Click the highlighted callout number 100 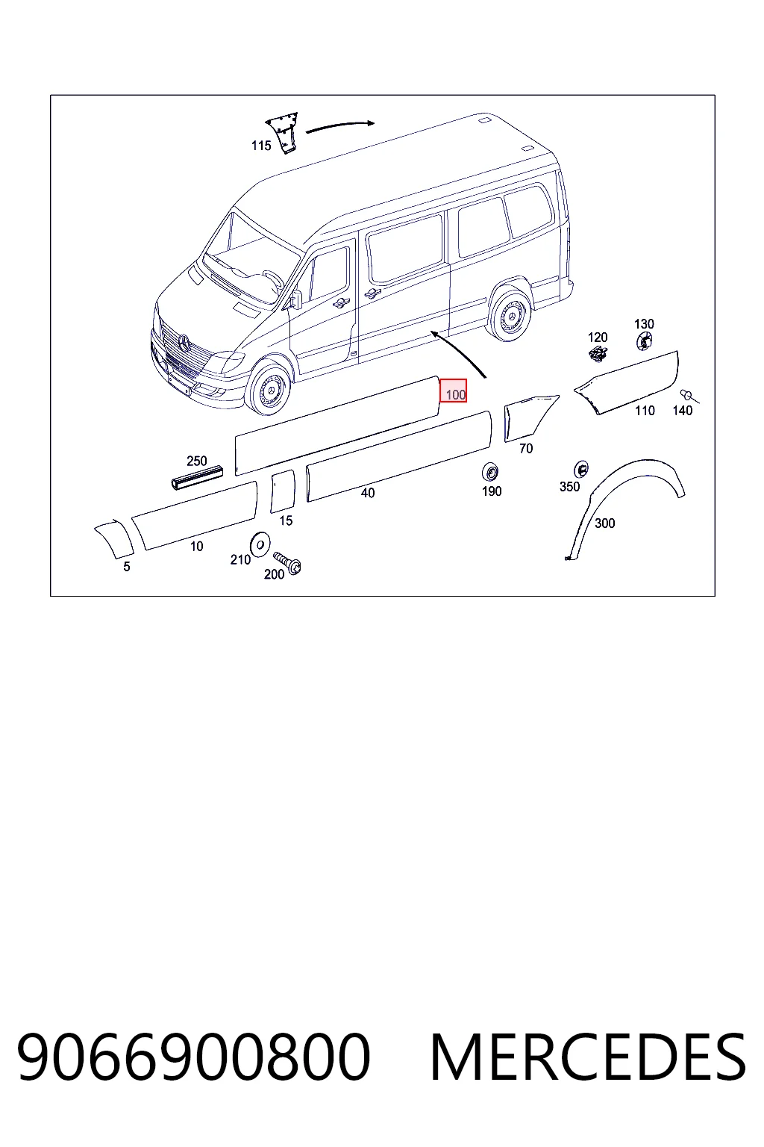[x=454, y=391]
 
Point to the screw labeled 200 [x=287, y=562]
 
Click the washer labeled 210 [x=260, y=544]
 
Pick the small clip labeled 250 [x=196, y=477]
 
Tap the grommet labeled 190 [x=490, y=472]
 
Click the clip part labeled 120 [x=598, y=354]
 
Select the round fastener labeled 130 [x=645, y=341]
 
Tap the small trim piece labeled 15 [x=283, y=491]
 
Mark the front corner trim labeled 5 [x=115, y=538]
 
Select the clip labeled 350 [x=580, y=468]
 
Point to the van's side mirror [x=296, y=300]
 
